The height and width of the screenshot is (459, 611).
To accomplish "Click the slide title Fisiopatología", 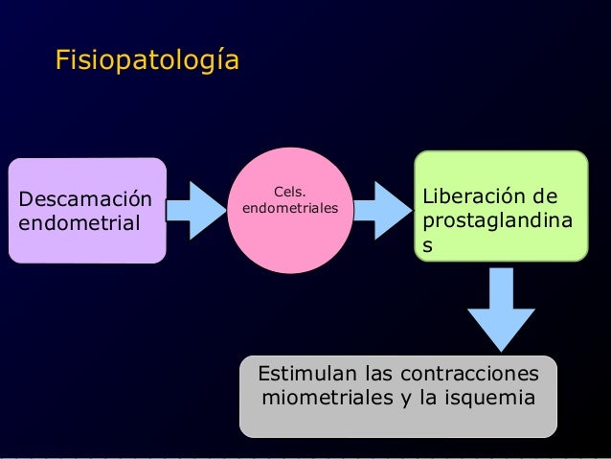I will pyautogui.click(x=147, y=60).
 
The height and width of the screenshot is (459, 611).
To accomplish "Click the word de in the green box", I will pyautogui.click(x=546, y=198).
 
